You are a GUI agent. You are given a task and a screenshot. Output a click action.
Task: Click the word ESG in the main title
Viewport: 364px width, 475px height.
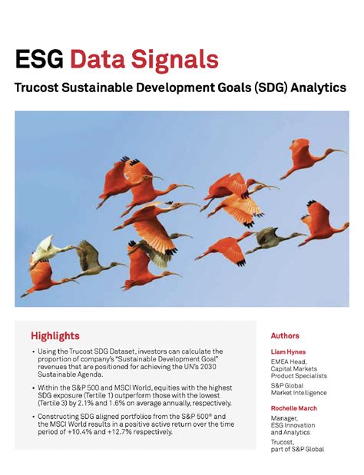point(39,60)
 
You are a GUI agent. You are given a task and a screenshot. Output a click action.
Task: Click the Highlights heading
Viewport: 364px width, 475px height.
point(55,335)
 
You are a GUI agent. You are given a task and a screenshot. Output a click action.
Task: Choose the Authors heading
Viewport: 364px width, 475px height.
point(285,335)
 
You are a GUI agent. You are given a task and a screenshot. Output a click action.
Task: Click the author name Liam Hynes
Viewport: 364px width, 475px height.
point(288,352)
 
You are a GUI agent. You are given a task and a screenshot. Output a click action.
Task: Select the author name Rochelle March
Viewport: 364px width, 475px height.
point(294,408)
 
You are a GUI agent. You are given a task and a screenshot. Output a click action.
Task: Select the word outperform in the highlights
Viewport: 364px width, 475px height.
point(174,395)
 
